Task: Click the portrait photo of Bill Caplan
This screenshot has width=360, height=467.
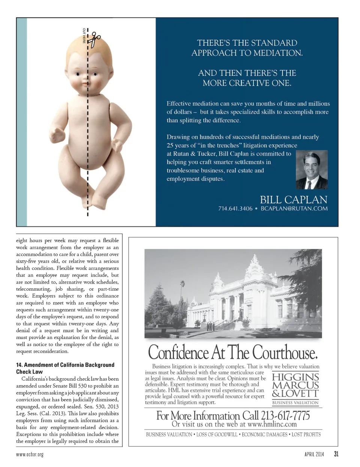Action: point(312,170)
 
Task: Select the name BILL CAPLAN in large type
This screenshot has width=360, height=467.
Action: point(294,200)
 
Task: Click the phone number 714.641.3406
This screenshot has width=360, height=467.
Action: point(235,209)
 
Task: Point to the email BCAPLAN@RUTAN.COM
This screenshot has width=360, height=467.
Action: point(294,209)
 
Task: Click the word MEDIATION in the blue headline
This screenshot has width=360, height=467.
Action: point(277,53)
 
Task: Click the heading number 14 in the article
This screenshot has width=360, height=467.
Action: point(19,365)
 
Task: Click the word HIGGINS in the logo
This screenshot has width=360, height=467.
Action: point(295,377)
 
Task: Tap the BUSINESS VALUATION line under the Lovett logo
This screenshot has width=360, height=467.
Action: point(295,403)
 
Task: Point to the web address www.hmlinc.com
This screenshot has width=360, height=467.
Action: point(272,424)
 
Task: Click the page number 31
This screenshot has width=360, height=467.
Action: point(336,454)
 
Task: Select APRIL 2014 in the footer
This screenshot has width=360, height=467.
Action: point(314,454)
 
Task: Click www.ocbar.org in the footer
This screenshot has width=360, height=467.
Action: point(30,454)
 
